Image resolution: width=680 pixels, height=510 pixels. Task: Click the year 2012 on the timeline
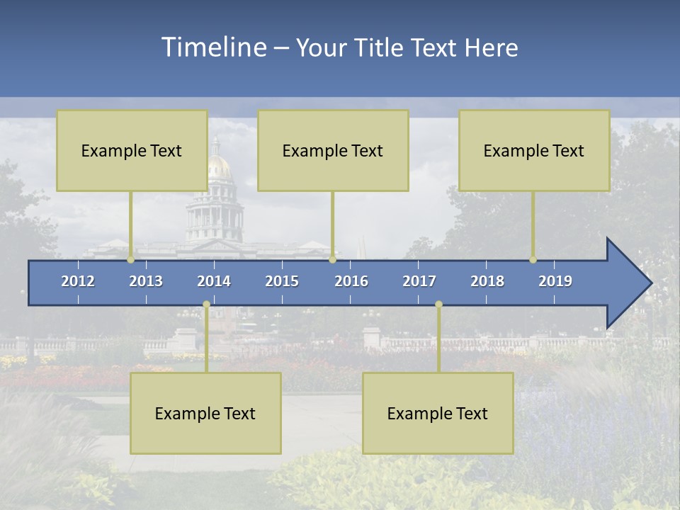(x=78, y=281)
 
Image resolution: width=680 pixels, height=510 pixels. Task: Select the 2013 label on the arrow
(x=146, y=281)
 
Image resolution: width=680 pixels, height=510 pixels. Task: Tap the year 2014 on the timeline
(x=214, y=281)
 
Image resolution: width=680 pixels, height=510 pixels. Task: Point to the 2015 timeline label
(x=282, y=281)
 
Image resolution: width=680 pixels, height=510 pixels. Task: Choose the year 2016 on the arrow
(x=351, y=281)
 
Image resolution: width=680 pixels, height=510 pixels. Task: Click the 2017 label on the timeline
(x=419, y=281)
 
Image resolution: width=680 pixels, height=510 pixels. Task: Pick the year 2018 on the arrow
(x=487, y=281)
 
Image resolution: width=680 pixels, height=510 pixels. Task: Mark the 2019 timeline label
(x=555, y=281)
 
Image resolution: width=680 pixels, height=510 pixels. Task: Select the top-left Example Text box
(x=132, y=150)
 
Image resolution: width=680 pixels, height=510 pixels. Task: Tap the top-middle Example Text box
(x=333, y=150)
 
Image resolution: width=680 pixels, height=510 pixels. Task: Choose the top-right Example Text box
(x=534, y=150)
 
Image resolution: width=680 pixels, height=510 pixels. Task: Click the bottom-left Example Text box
(x=205, y=413)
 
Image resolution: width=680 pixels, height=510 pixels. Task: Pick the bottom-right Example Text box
(x=438, y=413)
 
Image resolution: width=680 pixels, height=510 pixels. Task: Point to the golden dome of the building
(x=220, y=169)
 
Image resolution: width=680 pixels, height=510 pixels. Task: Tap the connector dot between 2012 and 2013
(x=130, y=260)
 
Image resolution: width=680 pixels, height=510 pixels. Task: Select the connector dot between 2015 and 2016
(x=332, y=260)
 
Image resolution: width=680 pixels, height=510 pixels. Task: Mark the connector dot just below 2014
(x=206, y=305)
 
